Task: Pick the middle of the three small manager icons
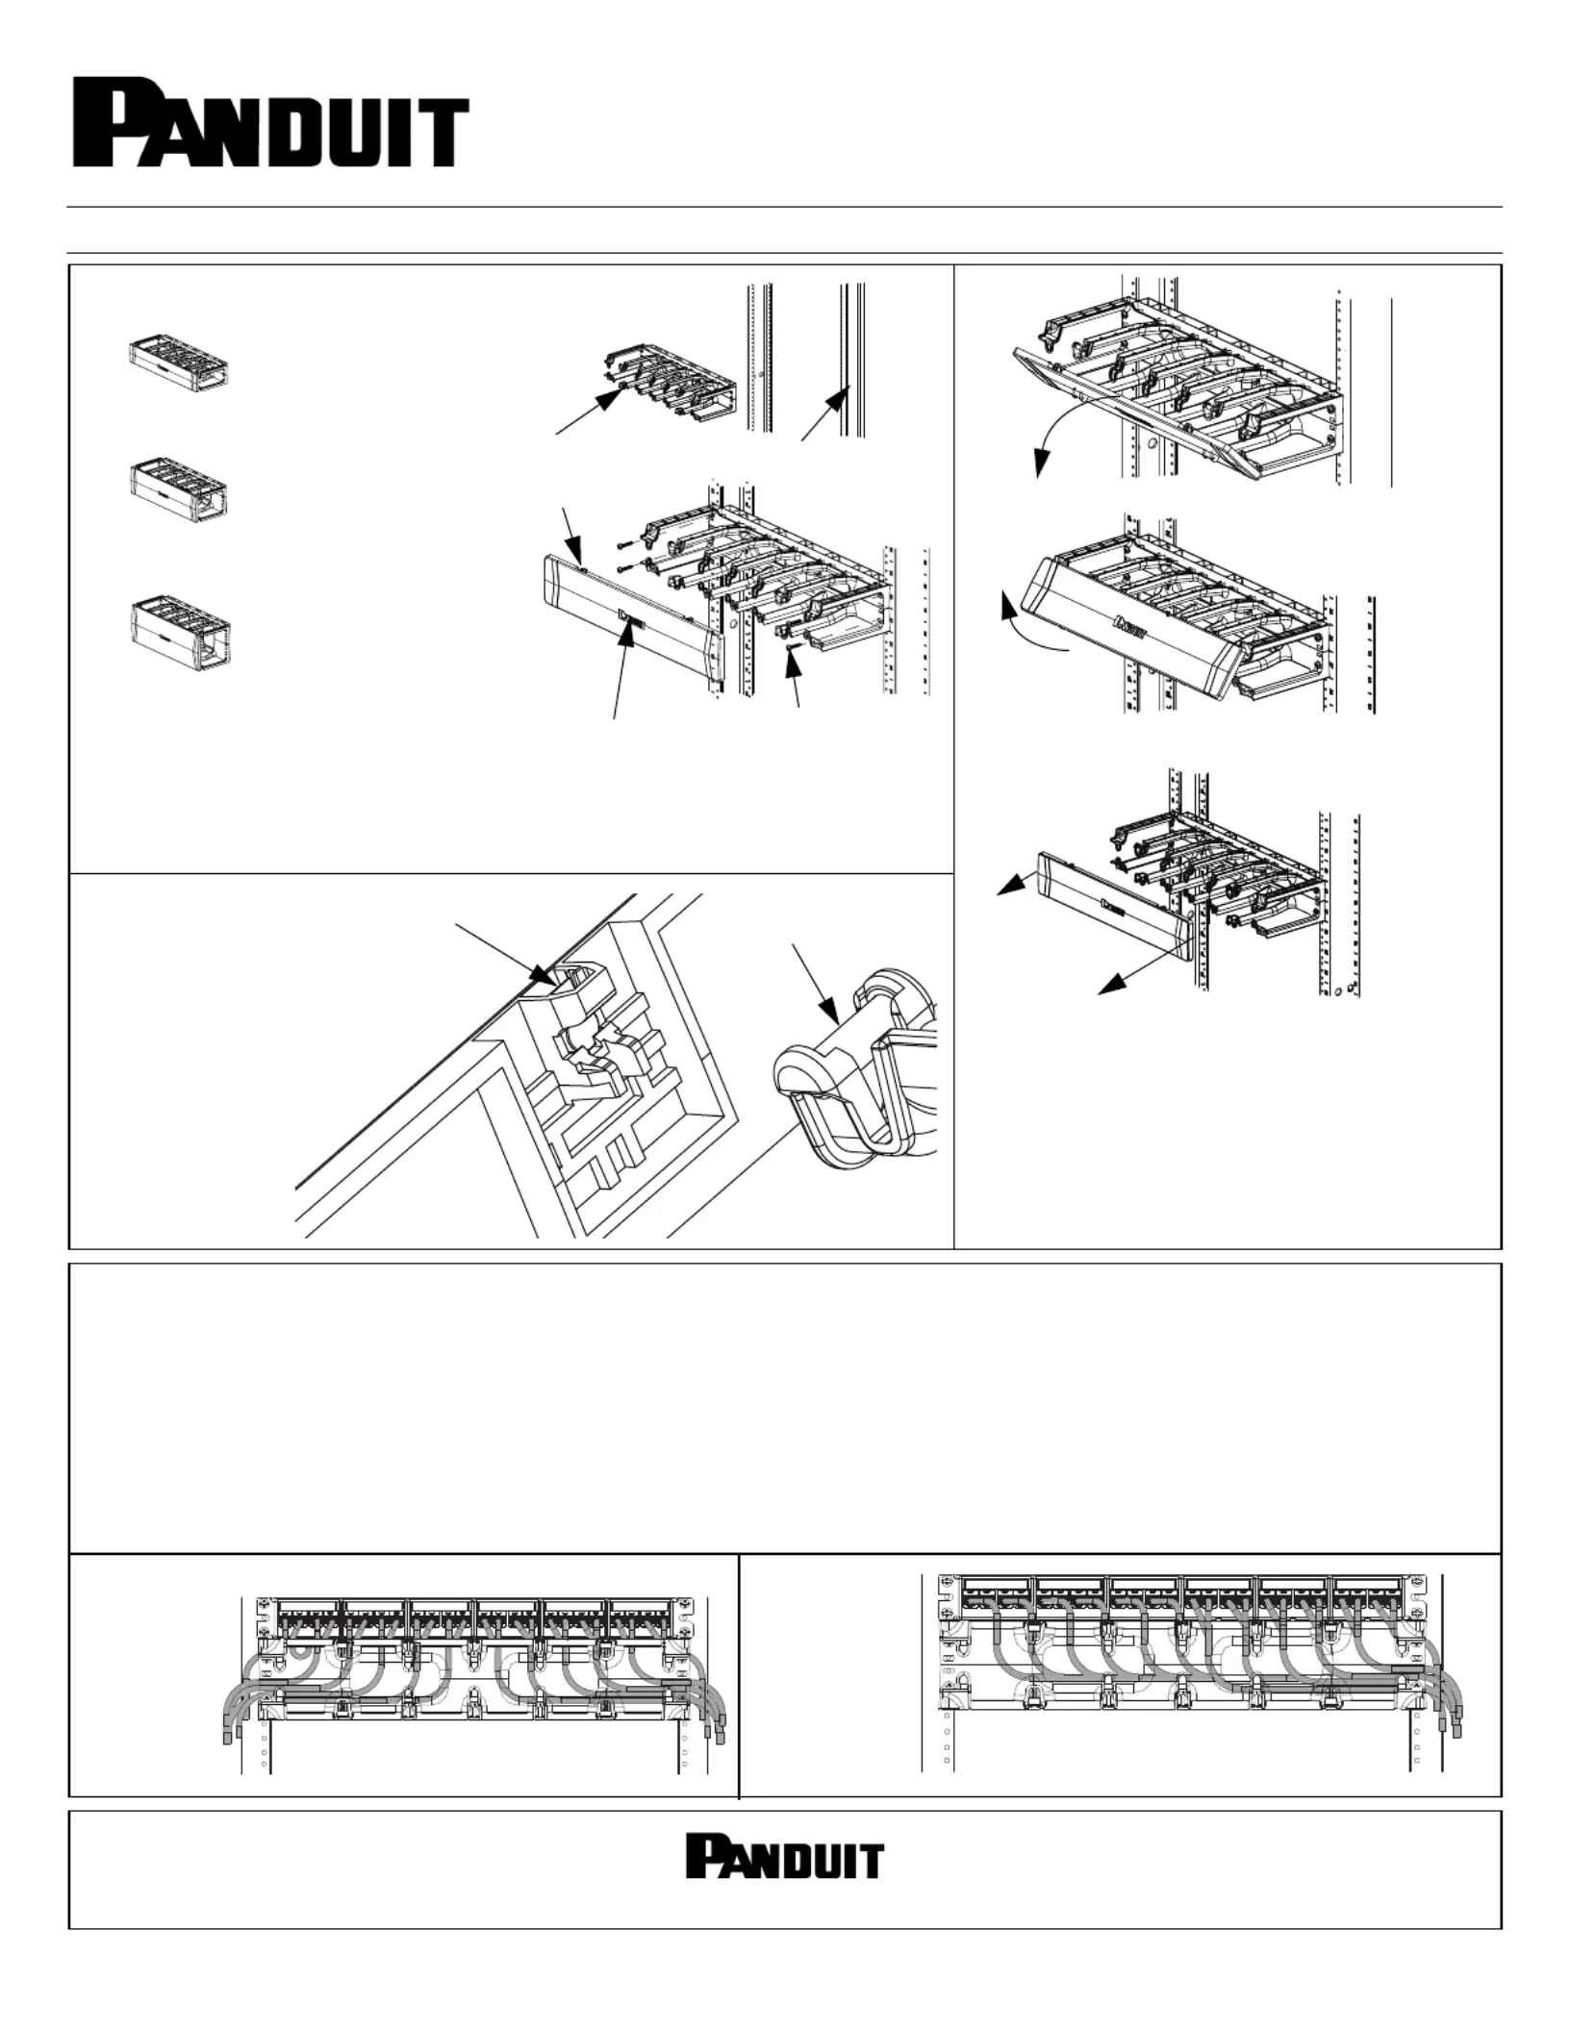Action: tap(179, 490)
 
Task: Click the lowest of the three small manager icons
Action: tap(179, 635)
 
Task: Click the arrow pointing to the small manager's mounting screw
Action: tap(587, 412)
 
